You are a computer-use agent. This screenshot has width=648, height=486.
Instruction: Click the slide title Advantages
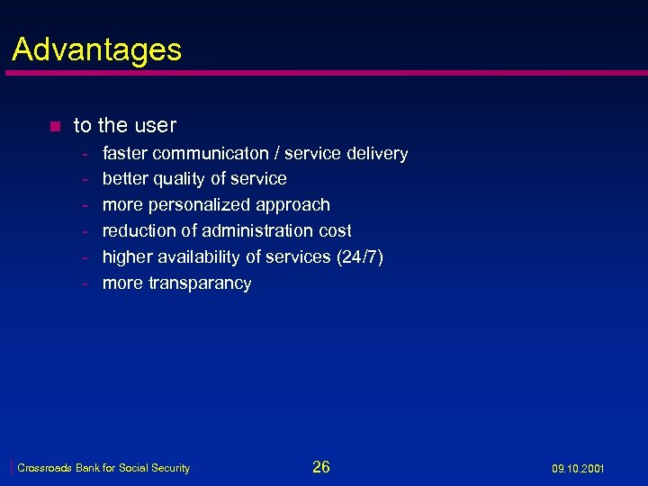point(96,49)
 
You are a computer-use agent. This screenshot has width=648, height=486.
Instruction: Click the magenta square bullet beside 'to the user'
point(55,126)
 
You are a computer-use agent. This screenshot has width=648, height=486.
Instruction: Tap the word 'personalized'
point(199,205)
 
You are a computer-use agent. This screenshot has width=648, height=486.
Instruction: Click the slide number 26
point(321,466)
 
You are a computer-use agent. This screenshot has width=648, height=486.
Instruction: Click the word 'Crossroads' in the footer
point(43,468)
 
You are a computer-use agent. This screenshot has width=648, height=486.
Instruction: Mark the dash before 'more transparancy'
point(85,283)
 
